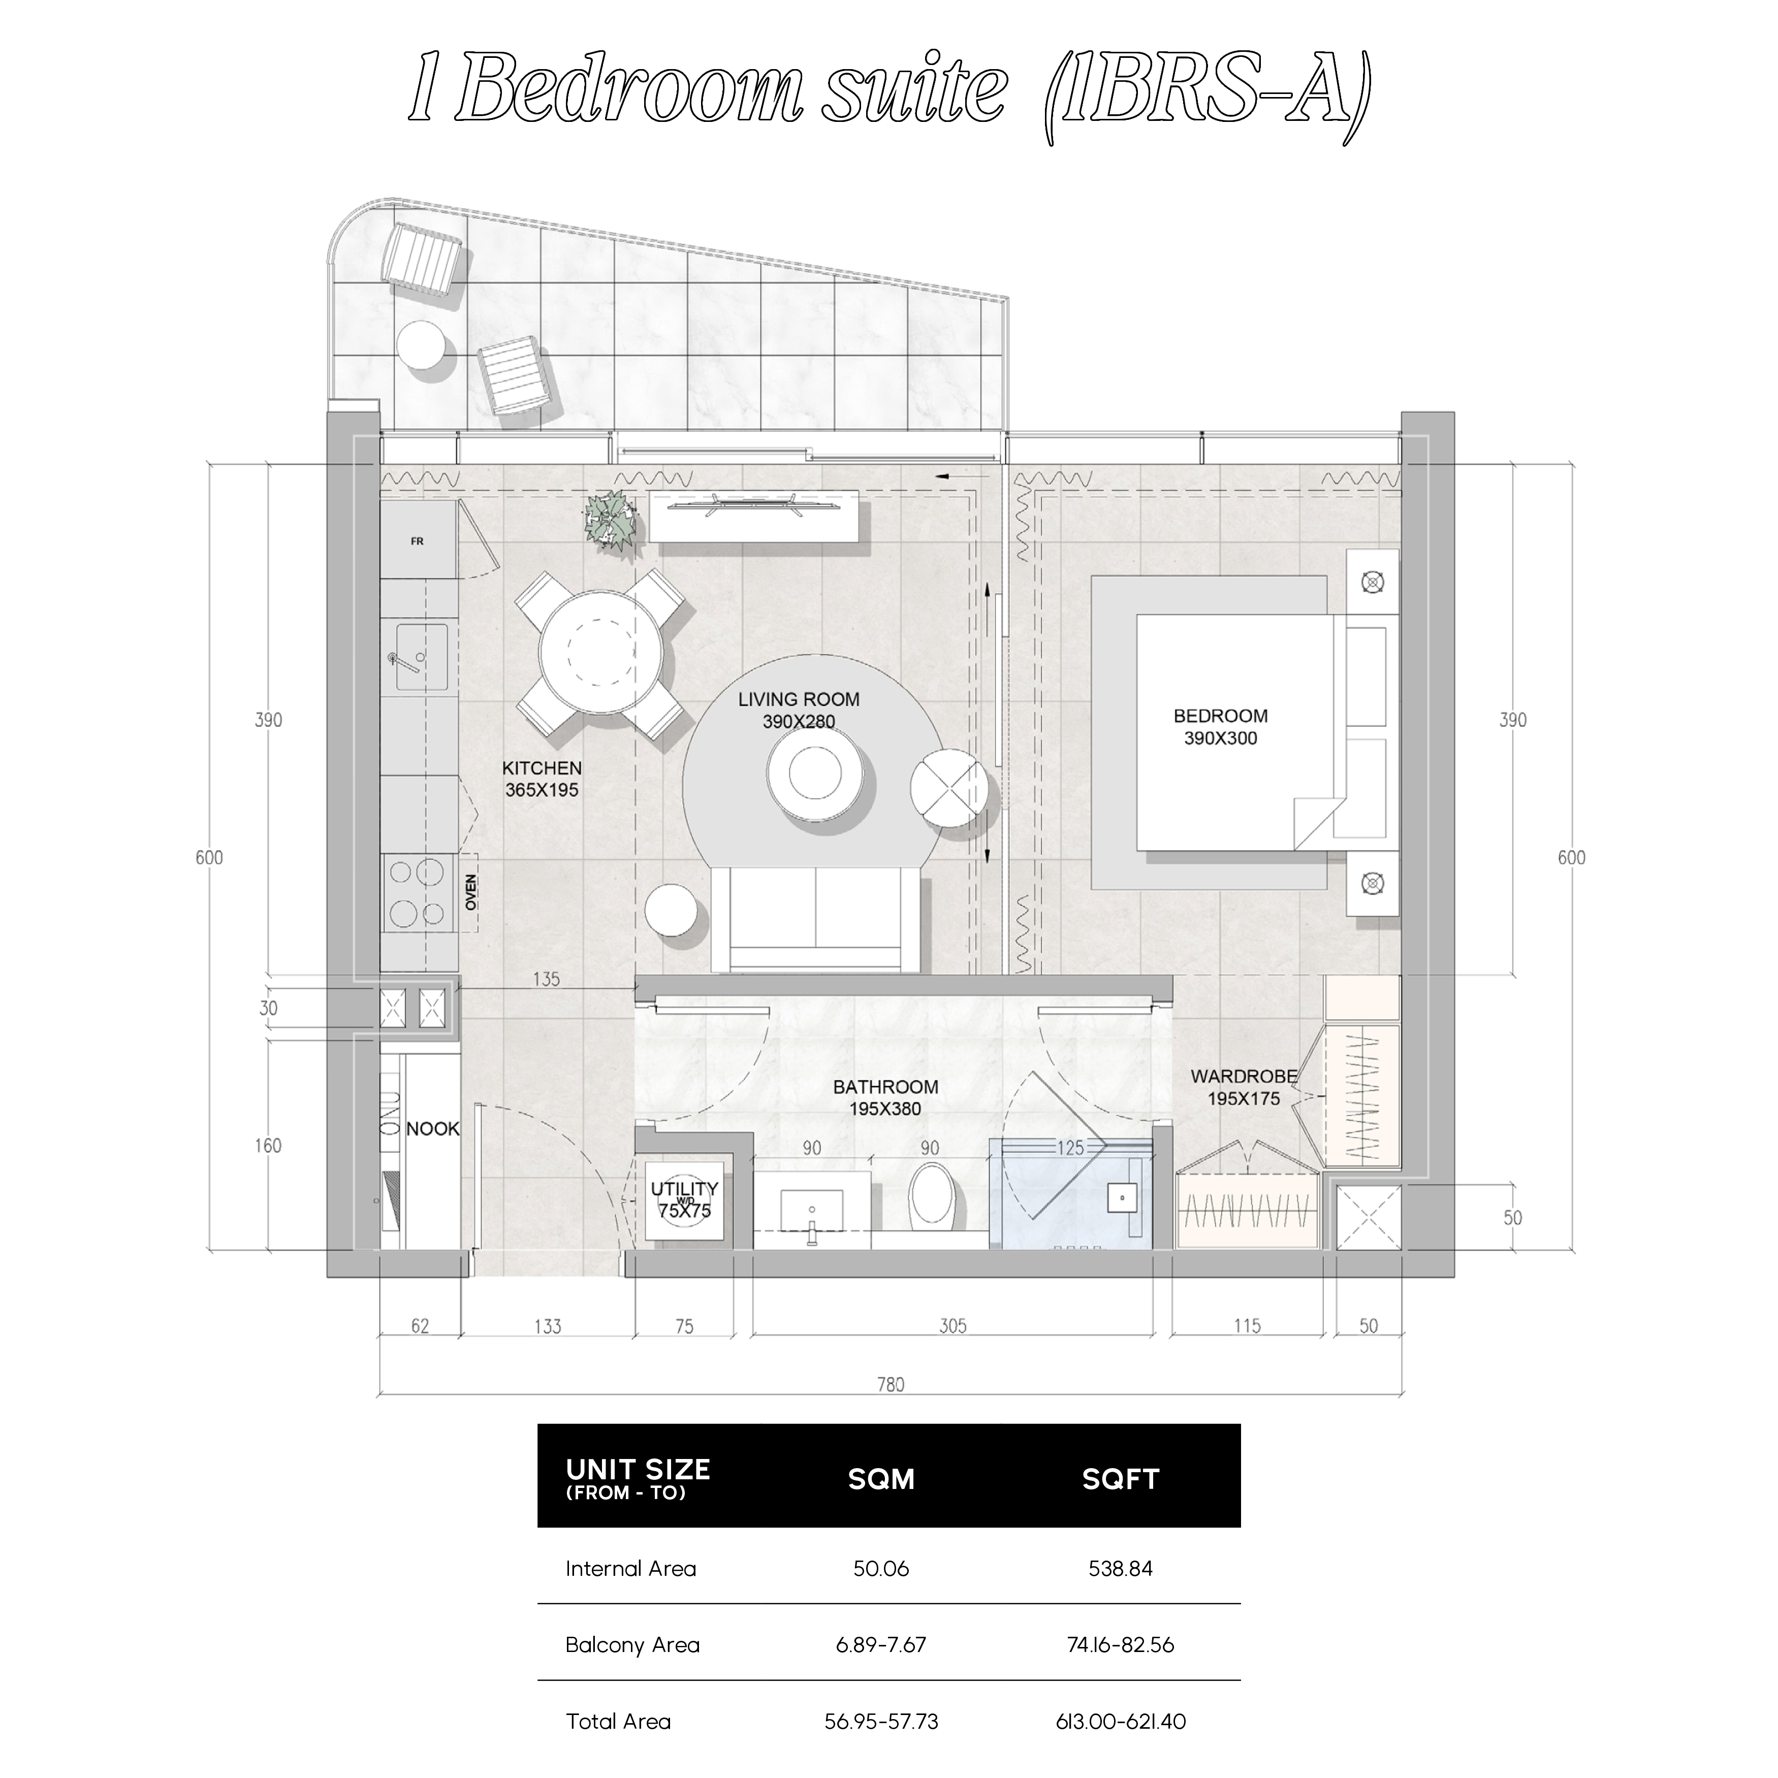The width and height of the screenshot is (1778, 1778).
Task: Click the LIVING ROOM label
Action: pos(799,700)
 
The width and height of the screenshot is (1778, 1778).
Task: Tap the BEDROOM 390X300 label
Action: pos(1220,727)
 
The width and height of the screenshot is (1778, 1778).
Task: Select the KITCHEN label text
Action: pos(542,768)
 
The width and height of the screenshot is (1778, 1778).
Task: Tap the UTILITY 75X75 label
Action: pos(685,1200)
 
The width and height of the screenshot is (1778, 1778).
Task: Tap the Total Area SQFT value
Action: pos(1120,1722)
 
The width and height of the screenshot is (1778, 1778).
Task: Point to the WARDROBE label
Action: pos(1243,1076)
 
